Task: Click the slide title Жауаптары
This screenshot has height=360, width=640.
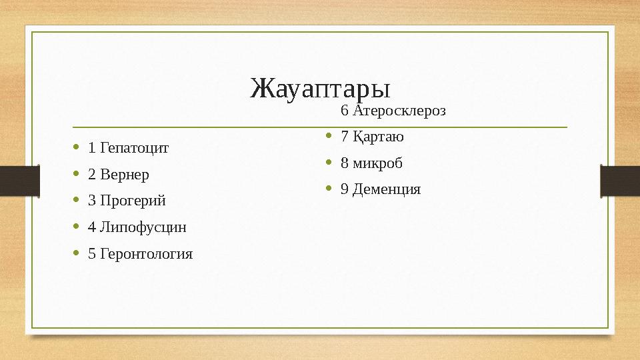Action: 320,88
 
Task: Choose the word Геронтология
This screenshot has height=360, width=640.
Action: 145,254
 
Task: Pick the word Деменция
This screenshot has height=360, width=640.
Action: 387,189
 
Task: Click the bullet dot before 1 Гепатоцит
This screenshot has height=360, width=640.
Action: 77,147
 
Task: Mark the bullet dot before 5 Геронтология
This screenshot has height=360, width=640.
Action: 77,253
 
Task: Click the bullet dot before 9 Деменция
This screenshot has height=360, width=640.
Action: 329,189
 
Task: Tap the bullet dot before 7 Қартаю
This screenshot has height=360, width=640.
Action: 329,137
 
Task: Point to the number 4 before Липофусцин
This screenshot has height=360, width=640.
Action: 91,227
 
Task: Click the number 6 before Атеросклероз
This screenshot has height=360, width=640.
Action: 344,111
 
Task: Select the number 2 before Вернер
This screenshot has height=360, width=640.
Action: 91,175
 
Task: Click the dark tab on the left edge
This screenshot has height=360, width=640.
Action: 19,181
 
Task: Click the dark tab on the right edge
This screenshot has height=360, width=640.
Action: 620,181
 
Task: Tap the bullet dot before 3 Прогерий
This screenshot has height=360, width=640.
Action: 77,200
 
